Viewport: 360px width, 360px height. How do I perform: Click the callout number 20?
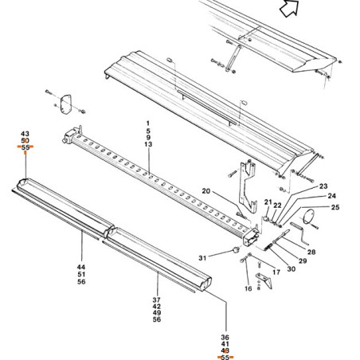[x=205, y=191]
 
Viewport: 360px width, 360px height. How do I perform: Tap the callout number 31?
[x=202, y=258]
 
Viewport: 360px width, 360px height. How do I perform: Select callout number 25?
[x=335, y=207]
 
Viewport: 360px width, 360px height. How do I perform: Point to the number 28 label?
[x=311, y=252]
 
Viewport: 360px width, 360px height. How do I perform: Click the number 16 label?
[x=248, y=288]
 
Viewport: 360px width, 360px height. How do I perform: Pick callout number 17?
[x=276, y=272]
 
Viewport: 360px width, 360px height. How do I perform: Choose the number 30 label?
[x=292, y=269]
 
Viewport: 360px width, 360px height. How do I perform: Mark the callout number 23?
[x=323, y=186]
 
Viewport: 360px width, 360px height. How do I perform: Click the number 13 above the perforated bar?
[x=148, y=144]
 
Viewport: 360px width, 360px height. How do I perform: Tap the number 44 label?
[x=81, y=267]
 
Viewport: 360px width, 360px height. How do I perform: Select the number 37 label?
[x=157, y=300]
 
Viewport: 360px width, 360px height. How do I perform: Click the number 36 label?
[x=225, y=338]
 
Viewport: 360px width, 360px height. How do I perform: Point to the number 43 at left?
[x=25, y=134]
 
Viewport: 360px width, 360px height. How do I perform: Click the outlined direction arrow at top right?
[x=289, y=8]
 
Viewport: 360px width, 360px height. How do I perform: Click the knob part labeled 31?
[x=236, y=250]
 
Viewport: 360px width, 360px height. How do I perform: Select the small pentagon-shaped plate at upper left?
[x=66, y=104]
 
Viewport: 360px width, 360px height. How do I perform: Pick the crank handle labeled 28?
[x=299, y=233]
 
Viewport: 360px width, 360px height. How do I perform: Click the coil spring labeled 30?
[x=268, y=247]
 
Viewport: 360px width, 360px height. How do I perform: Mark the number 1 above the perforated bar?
[x=148, y=123]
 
